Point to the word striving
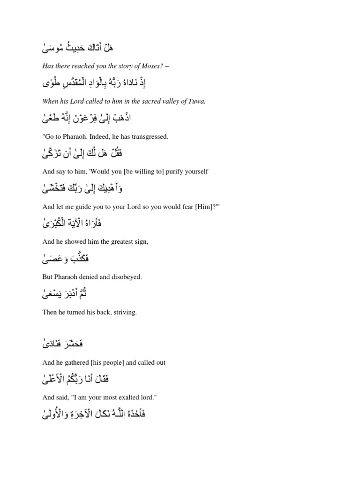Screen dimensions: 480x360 [x=126, y=312]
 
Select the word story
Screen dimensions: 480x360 [x=120, y=66]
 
